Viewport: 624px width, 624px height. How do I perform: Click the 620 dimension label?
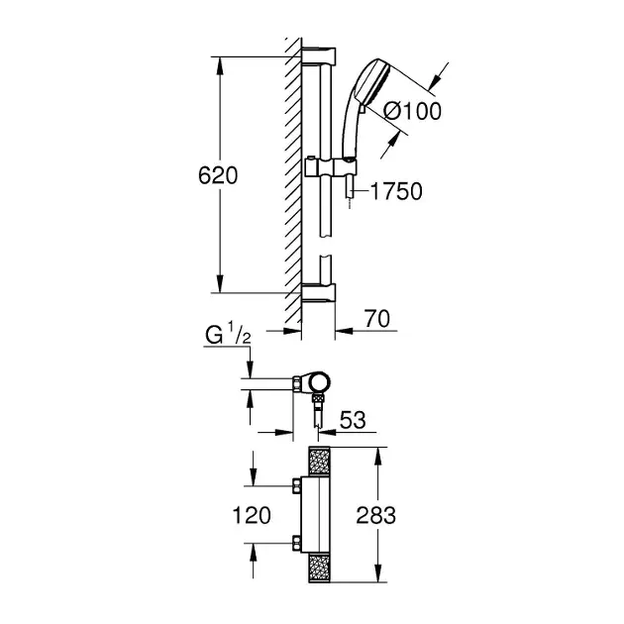click(x=218, y=175)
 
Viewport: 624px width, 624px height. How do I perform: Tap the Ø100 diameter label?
click(x=412, y=111)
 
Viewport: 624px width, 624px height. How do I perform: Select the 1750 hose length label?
click(x=396, y=191)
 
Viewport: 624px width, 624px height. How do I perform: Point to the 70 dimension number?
click(x=377, y=319)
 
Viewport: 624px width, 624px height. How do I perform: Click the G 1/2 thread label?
click(x=228, y=336)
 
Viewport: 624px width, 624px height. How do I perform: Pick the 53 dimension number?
click(x=353, y=420)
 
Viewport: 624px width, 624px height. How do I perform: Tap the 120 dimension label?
click(x=252, y=515)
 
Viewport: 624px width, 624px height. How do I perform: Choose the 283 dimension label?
click(x=375, y=515)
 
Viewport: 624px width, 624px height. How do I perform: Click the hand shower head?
click(x=372, y=83)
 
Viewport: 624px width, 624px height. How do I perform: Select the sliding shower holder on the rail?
click(x=330, y=167)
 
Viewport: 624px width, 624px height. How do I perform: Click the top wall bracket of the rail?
click(x=318, y=55)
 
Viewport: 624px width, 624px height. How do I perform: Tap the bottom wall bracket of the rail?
click(x=318, y=292)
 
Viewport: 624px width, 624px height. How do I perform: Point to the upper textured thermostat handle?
click(x=320, y=461)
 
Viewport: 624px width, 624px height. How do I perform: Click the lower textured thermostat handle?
click(x=320, y=569)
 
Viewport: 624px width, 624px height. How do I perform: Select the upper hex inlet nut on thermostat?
click(x=296, y=486)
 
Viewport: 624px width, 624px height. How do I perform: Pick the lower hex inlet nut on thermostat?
click(x=296, y=543)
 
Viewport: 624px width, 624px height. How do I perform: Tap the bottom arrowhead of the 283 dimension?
click(x=378, y=573)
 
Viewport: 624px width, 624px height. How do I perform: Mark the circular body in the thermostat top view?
click(x=320, y=382)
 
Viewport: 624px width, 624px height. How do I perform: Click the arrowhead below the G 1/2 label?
click(x=250, y=369)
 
